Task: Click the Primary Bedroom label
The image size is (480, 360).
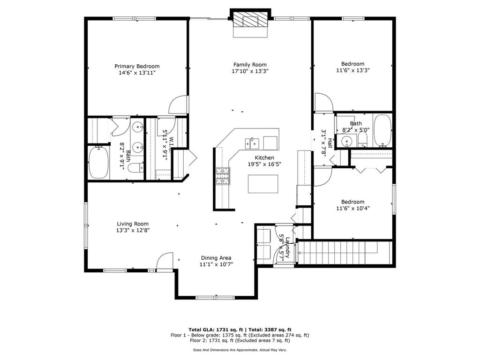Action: coord(137,66)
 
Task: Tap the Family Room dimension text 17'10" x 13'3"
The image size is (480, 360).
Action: coord(250,71)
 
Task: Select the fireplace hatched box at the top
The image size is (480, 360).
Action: coord(250,20)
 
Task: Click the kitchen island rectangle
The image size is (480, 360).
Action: coord(263,184)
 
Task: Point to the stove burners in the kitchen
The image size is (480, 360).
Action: coord(223,176)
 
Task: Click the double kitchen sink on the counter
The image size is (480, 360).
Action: coord(252,143)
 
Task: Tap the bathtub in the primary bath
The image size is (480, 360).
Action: coord(98,163)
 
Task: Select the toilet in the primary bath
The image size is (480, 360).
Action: coord(135,167)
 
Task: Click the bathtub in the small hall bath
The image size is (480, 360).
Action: coord(382,131)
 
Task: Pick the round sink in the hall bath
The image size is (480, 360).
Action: coord(347,141)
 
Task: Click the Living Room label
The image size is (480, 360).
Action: coord(133,224)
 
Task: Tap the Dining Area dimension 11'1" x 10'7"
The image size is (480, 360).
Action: coord(217,264)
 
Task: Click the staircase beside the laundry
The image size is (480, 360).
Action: coord(345,253)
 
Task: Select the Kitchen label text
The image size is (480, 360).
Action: coord(264,157)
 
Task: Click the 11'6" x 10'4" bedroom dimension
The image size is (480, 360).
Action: coord(352,209)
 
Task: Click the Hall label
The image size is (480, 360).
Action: coord(330,143)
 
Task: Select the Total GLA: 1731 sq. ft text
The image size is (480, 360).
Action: coord(216,330)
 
